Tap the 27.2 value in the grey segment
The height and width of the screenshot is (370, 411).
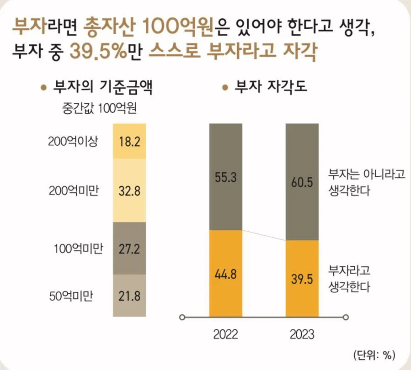click(x=129, y=249)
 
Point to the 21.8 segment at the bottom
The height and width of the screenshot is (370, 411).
click(x=129, y=296)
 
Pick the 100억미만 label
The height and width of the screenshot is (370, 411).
click(x=78, y=249)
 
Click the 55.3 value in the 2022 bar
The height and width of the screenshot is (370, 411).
click(x=225, y=178)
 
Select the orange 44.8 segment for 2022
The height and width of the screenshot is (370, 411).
click(x=225, y=274)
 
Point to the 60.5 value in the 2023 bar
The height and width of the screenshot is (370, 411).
click(x=302, y=183)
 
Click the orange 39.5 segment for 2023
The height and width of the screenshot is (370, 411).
click(x=302, y=279)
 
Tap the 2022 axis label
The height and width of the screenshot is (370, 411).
click(x=225, y=334)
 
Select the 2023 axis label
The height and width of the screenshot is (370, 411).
click(x=302, y=334)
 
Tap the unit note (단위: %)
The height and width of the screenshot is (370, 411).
click(x=374, y=354)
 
